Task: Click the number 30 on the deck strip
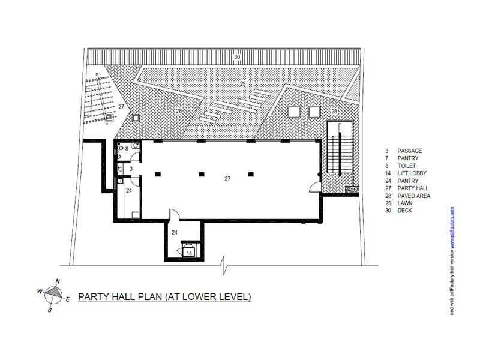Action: click(x=237, y=57)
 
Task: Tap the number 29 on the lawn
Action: click(x=243, y=83)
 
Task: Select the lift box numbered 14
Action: click(x=189, y=251)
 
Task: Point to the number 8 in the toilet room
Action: click(x=127, y=149)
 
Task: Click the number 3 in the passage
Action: click(x=131, y=169)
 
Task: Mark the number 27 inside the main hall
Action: click(x=227, y=179)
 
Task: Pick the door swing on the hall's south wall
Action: click(x=175, y=214)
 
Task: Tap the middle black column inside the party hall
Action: click(x=201, y=175)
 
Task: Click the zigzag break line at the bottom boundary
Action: click(x=225, y=265)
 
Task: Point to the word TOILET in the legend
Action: click(x=407, y=166)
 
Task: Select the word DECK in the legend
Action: click(x=404, y=211)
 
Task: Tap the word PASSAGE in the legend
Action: click(x=410, y=151)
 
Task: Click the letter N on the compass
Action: click(x=58, y=281)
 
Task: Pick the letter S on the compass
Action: click(x=50, y=310)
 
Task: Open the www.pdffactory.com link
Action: click(x=452, y=227)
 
